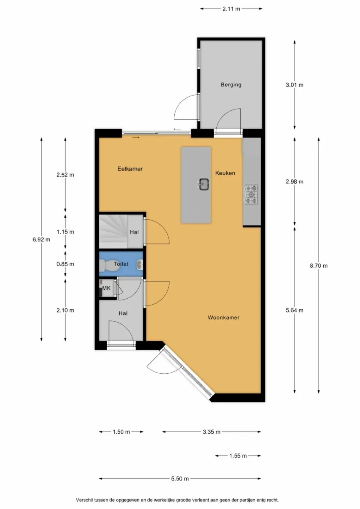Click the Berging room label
[x=231, y=85]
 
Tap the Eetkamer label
[x=130, y=169]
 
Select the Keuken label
[x=225, y=173]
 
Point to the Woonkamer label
[x=223, y=317]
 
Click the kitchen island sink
[x=204, y=184]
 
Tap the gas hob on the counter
[x=251, y=194]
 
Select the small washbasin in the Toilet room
[x=140, y=265]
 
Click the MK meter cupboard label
[x=106, y=288]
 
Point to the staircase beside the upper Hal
[x=113, y=232]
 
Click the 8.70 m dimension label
[x=318, y=266]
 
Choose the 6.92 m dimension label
[x=41, y=240]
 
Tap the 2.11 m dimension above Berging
[x=231, y=9]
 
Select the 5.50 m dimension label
[x=180, y=479]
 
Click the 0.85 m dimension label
[x=65, y=264]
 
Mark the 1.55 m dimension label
[x=238, y=456]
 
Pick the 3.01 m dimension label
[x=294, y=85]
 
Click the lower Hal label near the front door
[x=123, y=313]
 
